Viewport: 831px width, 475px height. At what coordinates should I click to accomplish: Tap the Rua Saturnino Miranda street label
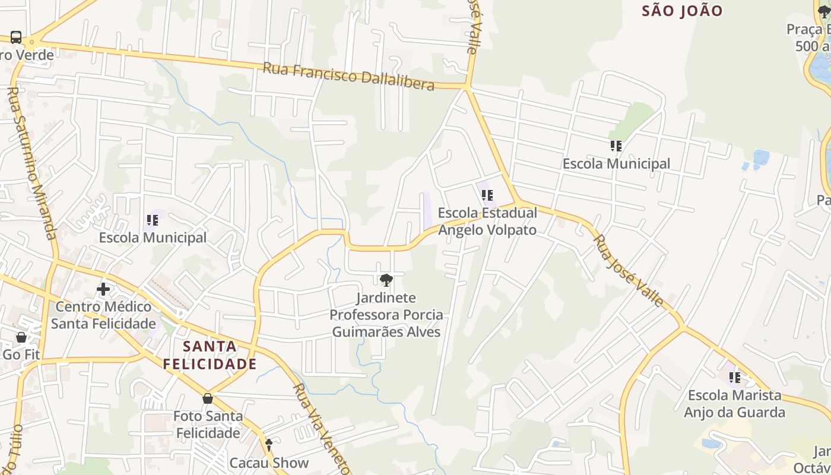coord(33,163)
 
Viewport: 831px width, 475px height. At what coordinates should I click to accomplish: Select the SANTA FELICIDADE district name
coord(210,355)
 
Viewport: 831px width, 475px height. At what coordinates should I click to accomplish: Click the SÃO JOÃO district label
coord(682,11)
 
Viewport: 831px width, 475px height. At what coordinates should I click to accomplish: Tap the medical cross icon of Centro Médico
coord(103,289)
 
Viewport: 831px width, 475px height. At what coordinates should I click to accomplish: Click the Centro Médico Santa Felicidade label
coord(103,315)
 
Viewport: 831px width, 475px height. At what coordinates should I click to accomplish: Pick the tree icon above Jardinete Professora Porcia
coord(386,280)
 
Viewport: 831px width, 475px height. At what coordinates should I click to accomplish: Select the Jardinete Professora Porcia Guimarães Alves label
coord(386,314)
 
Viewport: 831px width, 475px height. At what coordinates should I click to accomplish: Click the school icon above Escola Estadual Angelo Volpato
coord(487,195)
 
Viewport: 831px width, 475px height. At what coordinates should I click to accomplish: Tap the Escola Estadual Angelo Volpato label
coord(487,221)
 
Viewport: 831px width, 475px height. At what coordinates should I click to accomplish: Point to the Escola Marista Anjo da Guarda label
coord(734,404)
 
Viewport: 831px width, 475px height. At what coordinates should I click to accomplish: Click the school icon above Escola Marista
coord(735,377)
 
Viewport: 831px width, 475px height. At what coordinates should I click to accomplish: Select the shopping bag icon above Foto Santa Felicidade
coord(208,398)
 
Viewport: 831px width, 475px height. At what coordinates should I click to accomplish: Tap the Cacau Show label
coord(269,463)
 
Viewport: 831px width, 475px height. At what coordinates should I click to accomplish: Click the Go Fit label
coord(21,354)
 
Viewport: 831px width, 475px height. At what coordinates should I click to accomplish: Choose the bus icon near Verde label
coord(16,37)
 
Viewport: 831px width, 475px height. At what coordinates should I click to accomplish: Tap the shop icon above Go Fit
coord(21,337)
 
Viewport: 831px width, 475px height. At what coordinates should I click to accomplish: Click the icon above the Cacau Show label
coord(269,444)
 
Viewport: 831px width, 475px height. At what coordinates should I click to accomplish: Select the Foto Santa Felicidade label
coord(208,424)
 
